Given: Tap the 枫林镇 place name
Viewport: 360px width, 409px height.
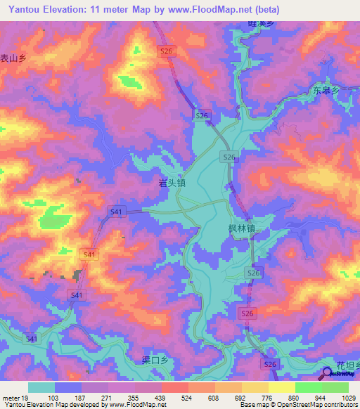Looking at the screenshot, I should click(x=241, y=229).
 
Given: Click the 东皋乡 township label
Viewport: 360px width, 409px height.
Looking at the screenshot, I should click(x=326, y=91).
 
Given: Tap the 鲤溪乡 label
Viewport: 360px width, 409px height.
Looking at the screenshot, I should click(x=260, y=23).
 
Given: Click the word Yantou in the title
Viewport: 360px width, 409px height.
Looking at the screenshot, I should click(x=25, y=10).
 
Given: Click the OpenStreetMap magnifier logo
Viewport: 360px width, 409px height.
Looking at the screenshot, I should click(x=328, y=375).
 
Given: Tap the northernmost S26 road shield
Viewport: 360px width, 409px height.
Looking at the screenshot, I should click(x=166, y=52).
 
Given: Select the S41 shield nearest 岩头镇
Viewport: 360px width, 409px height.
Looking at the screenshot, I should click(x=116, y=211).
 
